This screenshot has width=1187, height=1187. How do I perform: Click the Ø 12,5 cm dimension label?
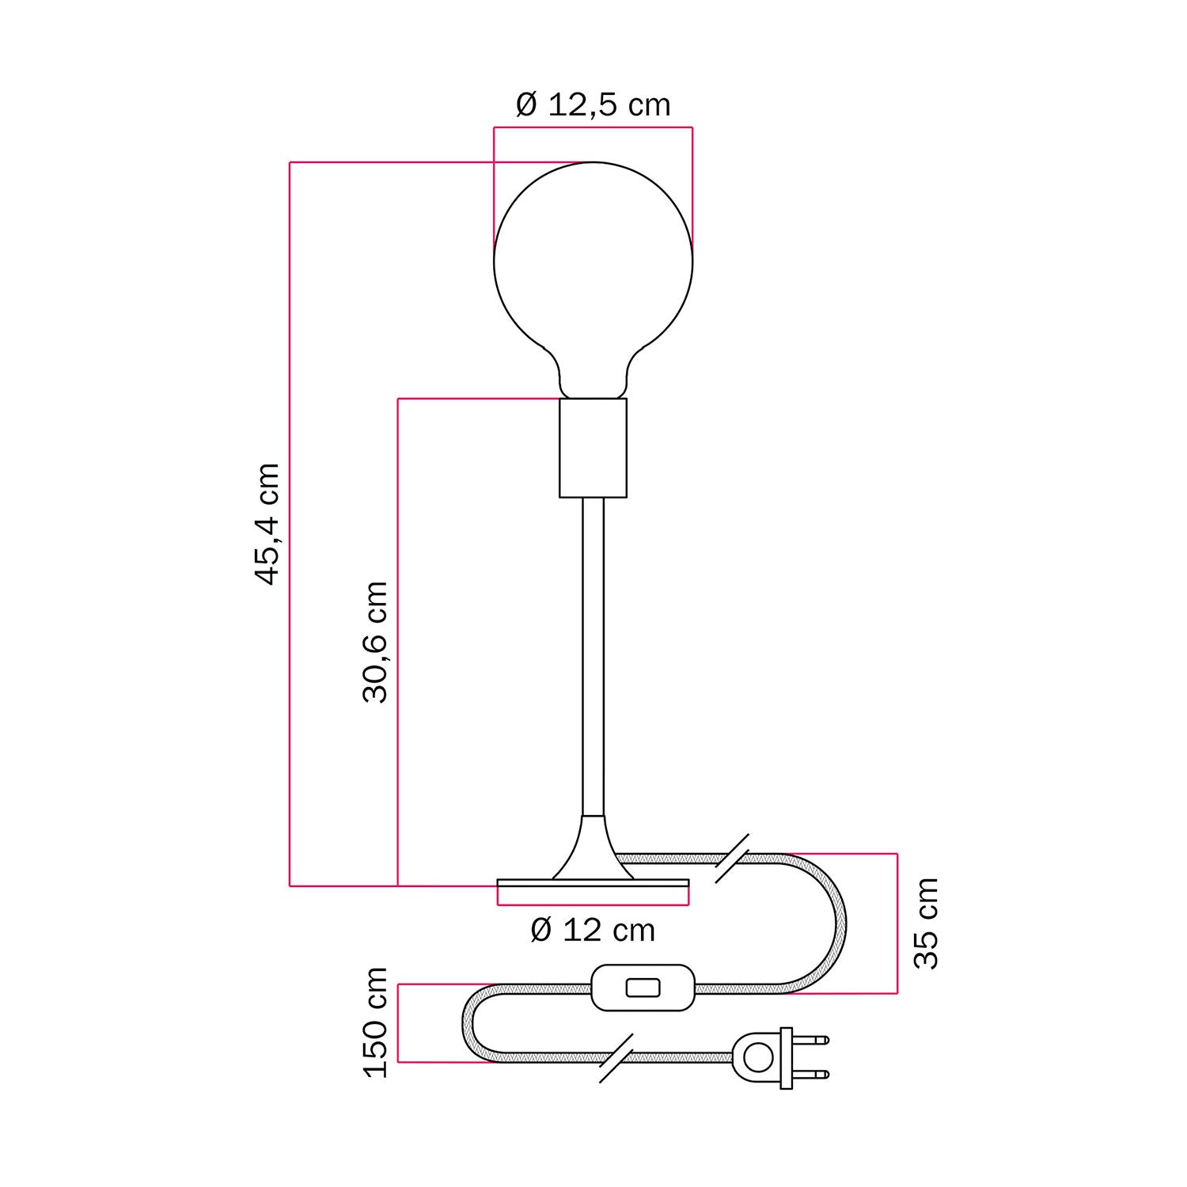(593, 104)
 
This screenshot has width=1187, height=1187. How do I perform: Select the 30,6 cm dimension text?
(375, 642)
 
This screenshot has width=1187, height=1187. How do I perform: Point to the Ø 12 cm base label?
(593, 930)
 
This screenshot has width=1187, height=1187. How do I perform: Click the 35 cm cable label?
(925, 923)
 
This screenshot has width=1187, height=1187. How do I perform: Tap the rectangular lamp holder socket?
(593, 448)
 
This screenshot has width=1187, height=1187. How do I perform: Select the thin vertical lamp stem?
(593, 657)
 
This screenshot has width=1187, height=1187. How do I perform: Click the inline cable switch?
(643, 988)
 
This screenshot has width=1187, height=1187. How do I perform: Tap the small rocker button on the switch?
(643, 988)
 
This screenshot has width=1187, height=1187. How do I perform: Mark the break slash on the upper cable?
(732, 858)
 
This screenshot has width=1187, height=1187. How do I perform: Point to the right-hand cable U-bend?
(835, 923)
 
